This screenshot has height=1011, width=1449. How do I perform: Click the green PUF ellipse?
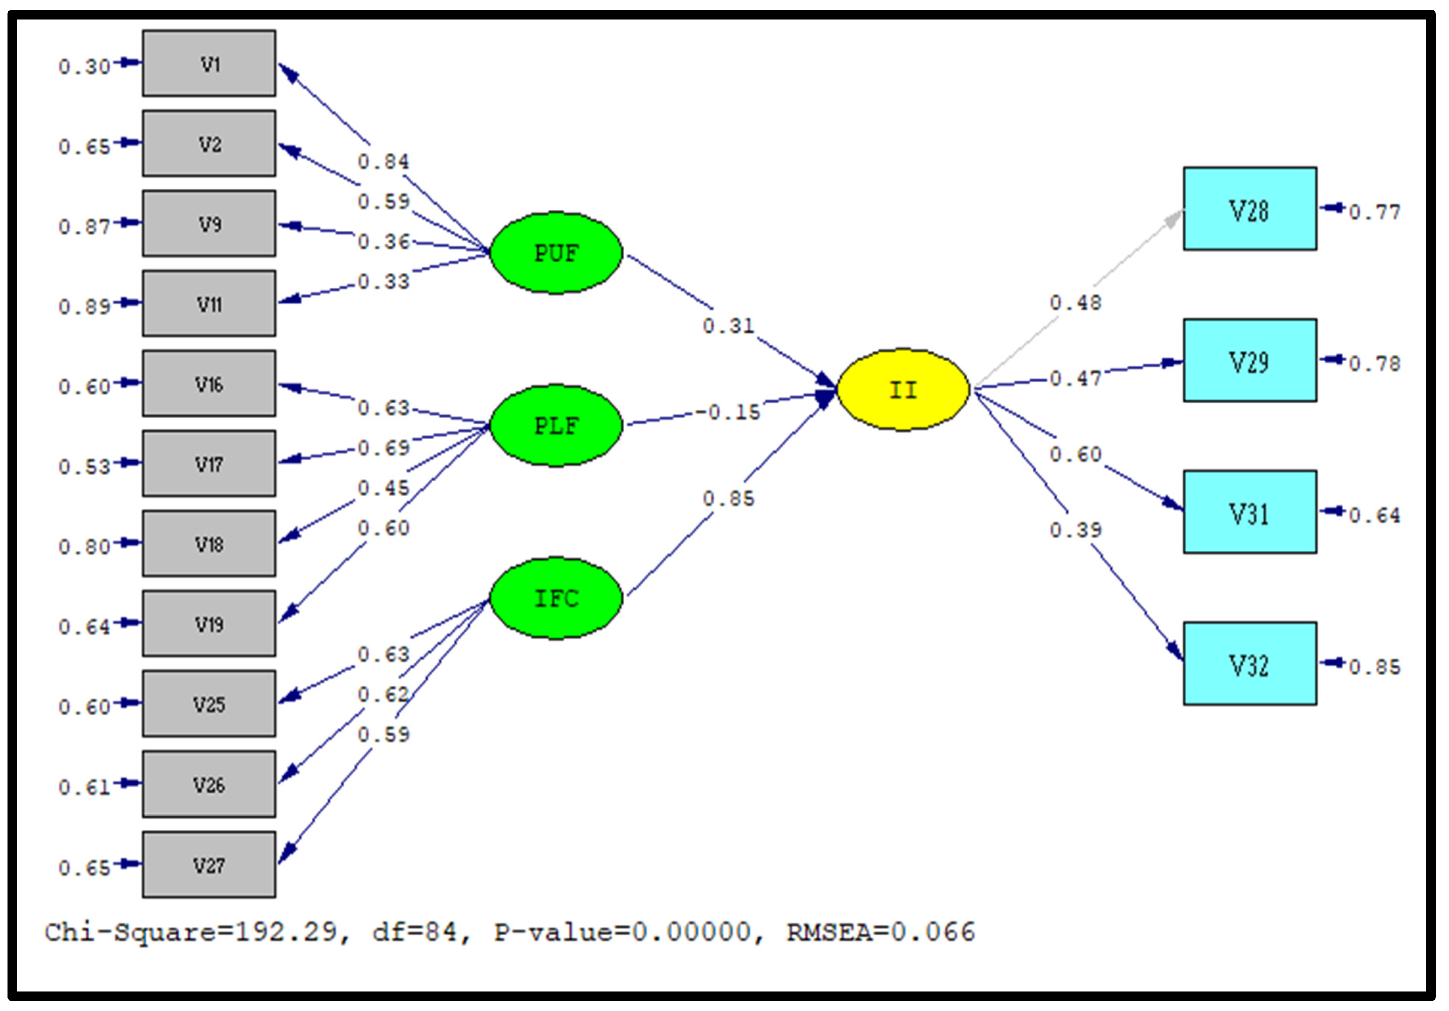pos(556,253)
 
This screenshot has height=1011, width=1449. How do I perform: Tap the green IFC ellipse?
pos(556,598)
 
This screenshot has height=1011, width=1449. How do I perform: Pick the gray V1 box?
pos(209,64)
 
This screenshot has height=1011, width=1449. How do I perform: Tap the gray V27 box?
pos(209,865)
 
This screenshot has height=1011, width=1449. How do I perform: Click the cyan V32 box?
pos(1249,664)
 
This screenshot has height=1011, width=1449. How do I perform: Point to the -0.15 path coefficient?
pos(729,413)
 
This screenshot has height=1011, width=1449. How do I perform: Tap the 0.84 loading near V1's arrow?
pos(383,162)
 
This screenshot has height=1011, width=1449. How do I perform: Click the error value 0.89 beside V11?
pos(84,307)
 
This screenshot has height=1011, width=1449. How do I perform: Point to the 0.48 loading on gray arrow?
pos(1075,303)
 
